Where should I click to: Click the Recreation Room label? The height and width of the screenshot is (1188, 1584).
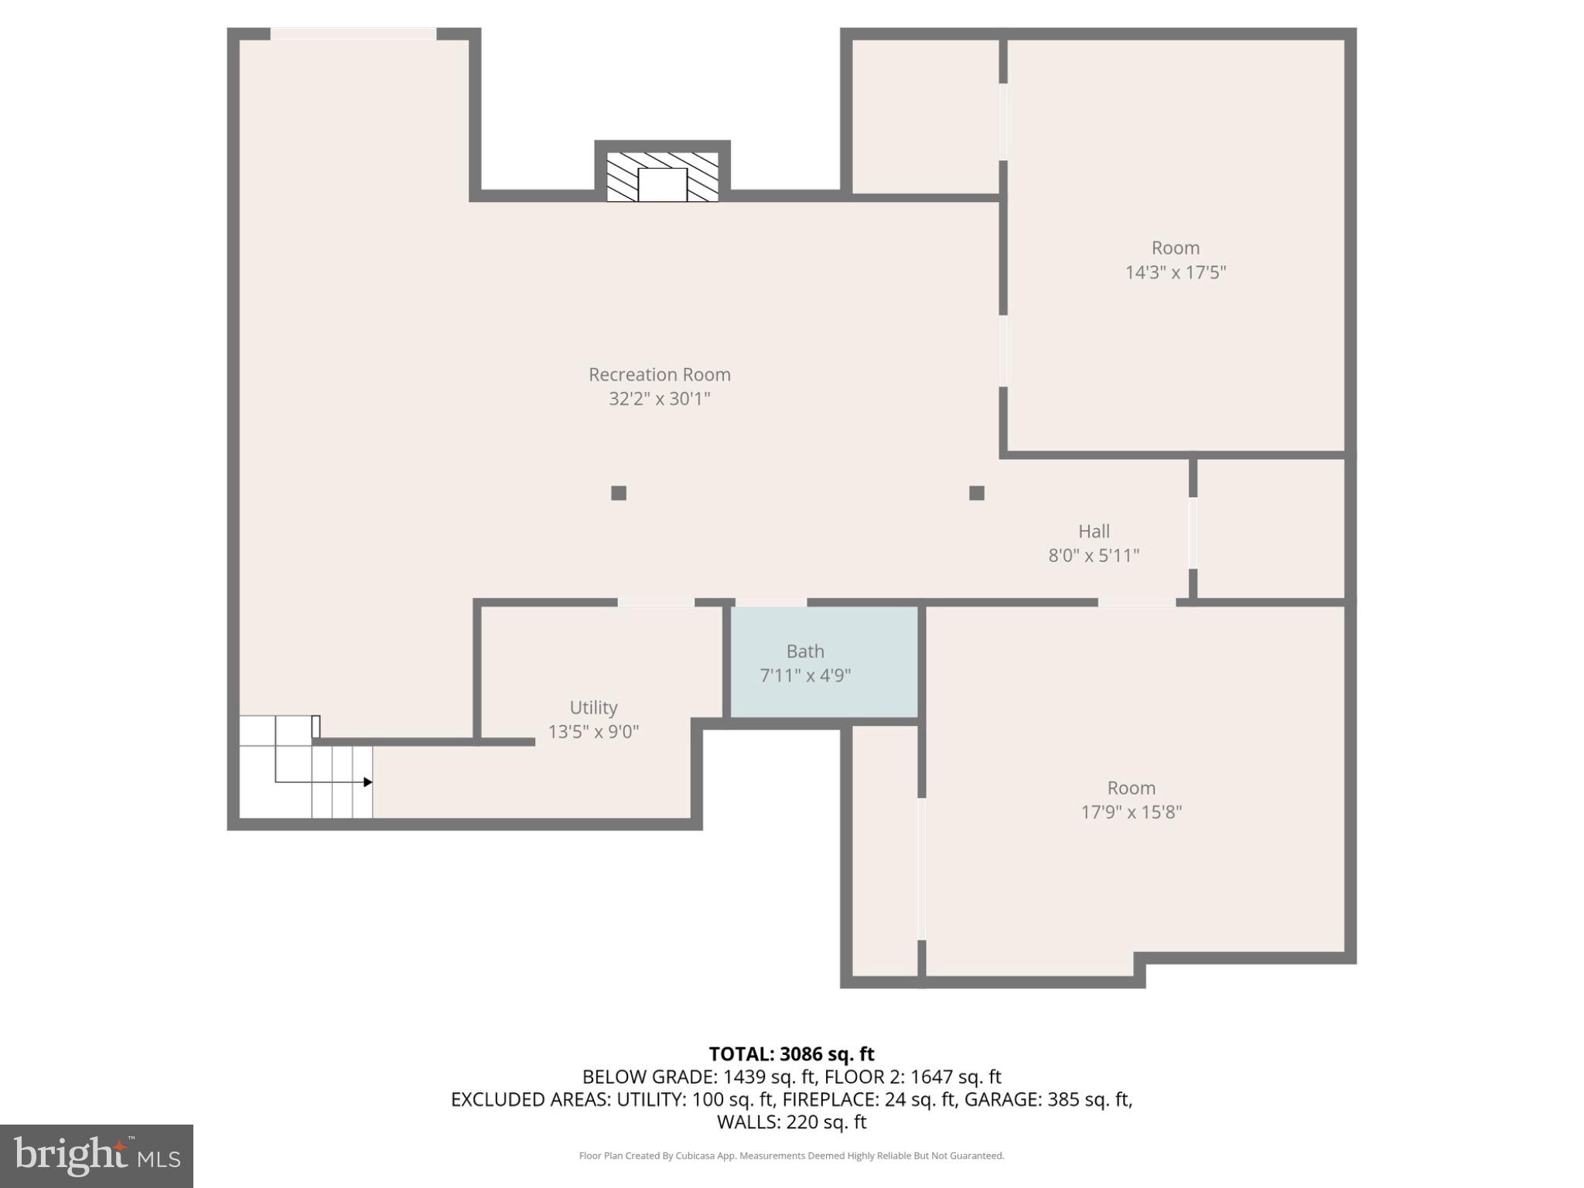pyautogui.click(x=659, y=374)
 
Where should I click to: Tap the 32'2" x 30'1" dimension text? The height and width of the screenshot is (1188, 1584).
pyautogui.click(x=659, y=399)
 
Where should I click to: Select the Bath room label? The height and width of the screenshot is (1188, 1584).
pyautogui.click(x=805, y=651)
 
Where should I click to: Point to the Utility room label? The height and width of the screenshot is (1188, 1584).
pyautogui.click(x=593, y=708)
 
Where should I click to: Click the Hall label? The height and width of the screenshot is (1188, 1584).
pyautogui.click(x=1094, y=531)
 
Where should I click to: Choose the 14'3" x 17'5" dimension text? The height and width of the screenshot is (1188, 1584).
pyautogui.click(x=1175, y=272)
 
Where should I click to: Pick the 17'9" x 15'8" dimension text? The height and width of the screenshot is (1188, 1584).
pyautogui.click(x=1131, y=812)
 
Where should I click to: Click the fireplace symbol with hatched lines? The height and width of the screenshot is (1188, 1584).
pyautogui.click(x=662, y=176)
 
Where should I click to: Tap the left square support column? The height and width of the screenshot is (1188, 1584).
pyautogui.click(x=619, y=493)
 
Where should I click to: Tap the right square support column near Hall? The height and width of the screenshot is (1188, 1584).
pyautogui.click(x=977, y=493)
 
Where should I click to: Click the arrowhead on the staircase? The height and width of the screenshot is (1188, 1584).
pyautogui.click(x=368, y=782)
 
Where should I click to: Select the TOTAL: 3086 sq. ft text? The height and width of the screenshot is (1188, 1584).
pyautogui.click(x=791, y=1054)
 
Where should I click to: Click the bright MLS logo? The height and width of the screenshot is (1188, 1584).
pyautogui.click(x=97, y=1156)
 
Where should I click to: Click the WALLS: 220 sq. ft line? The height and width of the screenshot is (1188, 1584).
pyautogui.click(x=791, y=1121)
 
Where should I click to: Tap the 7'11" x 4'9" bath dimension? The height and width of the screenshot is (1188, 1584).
pyautogui.click(x=805, y=676)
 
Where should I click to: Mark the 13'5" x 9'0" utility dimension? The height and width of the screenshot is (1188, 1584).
pyautogui.click(x=593, y=732)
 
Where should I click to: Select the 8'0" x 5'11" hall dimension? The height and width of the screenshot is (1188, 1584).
pyautogui.click(x=1094, y=555)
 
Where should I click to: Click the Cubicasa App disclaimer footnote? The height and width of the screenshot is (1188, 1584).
pyautogui.click(x=791, y=1156)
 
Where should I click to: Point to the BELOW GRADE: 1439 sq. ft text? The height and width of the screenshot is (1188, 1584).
pyautogui.click(x=698, y=1077)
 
